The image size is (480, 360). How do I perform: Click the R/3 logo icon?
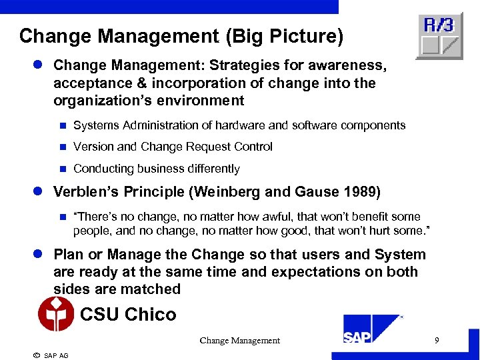pyautogui.click(x=439, y=35)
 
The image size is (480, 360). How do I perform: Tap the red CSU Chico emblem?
pyautogui.click(x=56, y=314)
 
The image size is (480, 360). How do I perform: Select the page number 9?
pyautogui.click(x=437, y=341)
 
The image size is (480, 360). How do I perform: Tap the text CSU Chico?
pyautogui.click(x=128, y=314)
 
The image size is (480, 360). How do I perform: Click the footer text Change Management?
pyautogui.click(x=239, y=341)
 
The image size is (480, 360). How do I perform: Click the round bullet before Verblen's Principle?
pyautogui.click(x=39, y=192)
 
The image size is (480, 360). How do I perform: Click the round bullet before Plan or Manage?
pyautogui.click(x=39, y=255)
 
